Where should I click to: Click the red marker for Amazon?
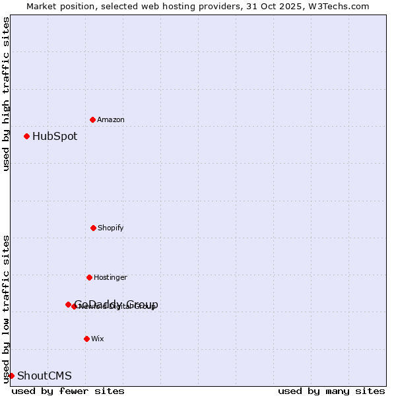pyautogui.click(x=92, y=119)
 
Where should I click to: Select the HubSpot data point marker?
pyautogui.click(x=26, y=136)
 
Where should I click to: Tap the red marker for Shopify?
pyautogui.click(x=93, y=228)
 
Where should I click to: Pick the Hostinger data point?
pyautogui.click(x=89, y=277)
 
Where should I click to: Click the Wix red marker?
pyautogui.click(x=86, y=339)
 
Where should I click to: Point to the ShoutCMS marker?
pyautogui.click(x=11, y=376)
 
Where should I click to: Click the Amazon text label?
pyautogui.click(x=111, y=119)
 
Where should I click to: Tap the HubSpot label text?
pyautogui.click(x=55, y=137)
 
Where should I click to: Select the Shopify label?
pyautogui.click(x=111, y=228)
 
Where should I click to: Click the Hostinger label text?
pyautogui.click(x=110, y=277)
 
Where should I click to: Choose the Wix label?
pyautogui.click(x=98, y=339)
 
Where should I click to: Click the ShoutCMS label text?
pyautogui.click(x=44, y=376)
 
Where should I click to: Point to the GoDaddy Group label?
pyautogui.click(x=116, y=304)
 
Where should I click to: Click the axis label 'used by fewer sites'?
pyautogui.click(x=68, y=391)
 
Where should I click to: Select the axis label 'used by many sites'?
pyautogui.click(x=331, y=391)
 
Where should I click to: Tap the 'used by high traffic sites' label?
pyautogui.click(x=6, y=94)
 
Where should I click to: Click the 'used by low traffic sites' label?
pyautogui.click(x=6, y=308)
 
